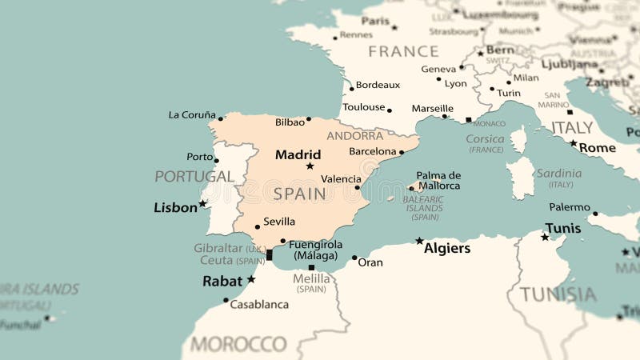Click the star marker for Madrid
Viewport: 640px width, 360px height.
coord(310,166)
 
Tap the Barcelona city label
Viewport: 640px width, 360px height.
coord(373,151)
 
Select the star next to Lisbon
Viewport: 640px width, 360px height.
coord(203,204)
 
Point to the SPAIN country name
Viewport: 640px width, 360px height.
coord(300,194)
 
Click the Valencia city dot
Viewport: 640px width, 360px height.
coord(358,187)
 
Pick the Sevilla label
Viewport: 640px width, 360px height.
coord(279,222)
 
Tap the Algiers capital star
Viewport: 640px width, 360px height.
coord(419,241)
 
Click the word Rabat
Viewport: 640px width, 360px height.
coord(222,281)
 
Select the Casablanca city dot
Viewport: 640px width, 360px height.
coord(226,301)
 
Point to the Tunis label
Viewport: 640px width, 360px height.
coord(563,228)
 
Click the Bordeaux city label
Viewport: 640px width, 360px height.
coord(378,85)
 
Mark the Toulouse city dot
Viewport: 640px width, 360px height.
coord(390,110)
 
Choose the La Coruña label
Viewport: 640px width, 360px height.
coord(192,114)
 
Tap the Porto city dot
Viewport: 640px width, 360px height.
coord(217,160)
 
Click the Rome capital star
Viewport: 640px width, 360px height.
coord(573,144)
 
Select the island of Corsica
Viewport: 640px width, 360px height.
coord(519,139)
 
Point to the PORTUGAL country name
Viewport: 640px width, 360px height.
coord(194,176)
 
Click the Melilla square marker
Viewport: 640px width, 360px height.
coord(311,268)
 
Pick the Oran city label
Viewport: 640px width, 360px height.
coord(370,262)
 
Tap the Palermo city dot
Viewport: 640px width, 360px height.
coord(595,214)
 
